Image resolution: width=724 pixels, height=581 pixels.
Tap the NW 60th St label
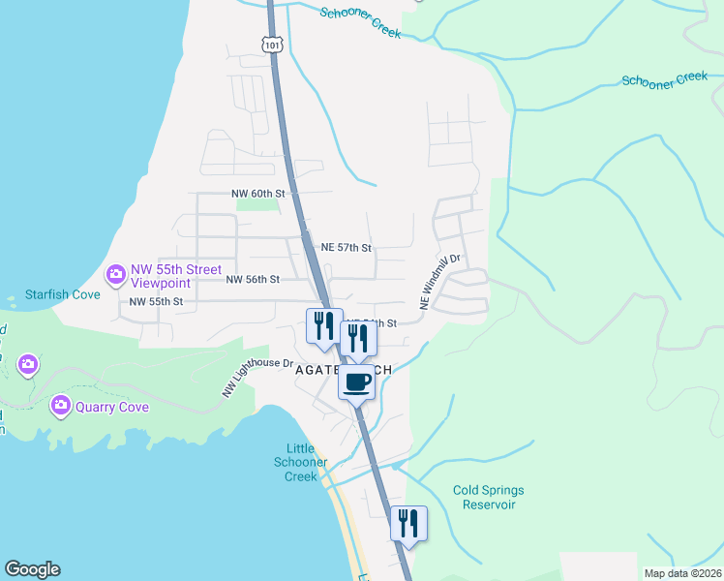(x=259, y=194)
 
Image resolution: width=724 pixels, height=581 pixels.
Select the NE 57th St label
(x=347, y=248)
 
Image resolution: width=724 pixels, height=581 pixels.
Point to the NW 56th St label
(x=253, y=279)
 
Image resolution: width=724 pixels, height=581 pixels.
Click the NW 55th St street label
(x=157, y=302)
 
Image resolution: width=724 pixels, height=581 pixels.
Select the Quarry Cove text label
(x=113, y=407)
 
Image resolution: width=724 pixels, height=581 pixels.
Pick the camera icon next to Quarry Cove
(x=62, y=404)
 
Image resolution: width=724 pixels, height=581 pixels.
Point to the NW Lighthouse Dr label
(x=257, y=378)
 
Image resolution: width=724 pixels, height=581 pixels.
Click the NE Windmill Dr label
(x=440, y=281)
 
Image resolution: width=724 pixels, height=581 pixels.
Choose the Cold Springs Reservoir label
(x=490, y=497)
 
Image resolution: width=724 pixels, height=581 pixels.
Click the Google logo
(x=32, y=569)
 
